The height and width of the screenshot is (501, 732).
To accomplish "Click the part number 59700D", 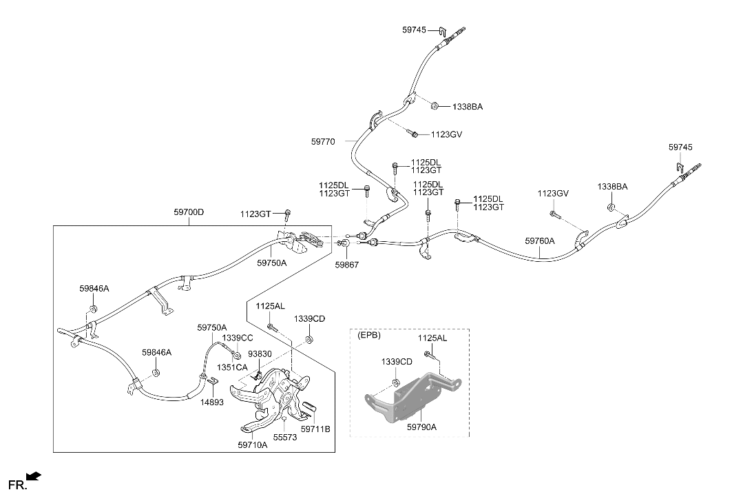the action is click(x=189, y=212).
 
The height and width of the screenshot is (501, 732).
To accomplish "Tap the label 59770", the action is click(x=323, y=141).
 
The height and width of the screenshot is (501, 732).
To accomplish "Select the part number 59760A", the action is click(x=540, y=241).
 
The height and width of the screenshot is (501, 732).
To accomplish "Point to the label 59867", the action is click(x=347, y=265).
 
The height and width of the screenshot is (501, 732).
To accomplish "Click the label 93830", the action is click(x=260, y=354).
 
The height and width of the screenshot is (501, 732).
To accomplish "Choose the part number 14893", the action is click(x=212, y=402).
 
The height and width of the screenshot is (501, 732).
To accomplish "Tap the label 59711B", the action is click(x=315, y=429).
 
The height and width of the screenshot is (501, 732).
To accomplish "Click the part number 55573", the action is click(x=285, y=438).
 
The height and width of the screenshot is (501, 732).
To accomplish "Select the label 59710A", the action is click(x=253, y=445).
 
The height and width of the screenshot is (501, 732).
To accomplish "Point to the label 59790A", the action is click(x=421, y=427).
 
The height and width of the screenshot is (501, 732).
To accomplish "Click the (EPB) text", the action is click(x=369, y=336).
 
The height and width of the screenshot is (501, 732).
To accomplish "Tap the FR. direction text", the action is click(x=18, y=486).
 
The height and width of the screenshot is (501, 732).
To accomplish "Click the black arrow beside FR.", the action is click(x=34, y=476).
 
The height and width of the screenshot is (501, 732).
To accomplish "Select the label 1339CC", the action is click(x=237, y=338).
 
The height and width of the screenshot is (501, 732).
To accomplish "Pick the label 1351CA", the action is click(x=232, y=368).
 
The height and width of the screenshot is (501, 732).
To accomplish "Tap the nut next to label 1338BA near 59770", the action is click(x=434, y=105).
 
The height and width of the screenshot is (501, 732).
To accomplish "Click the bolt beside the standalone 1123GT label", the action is click(x=288, y=216).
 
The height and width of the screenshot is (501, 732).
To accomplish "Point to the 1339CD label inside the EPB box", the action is click(x=397, y=362).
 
